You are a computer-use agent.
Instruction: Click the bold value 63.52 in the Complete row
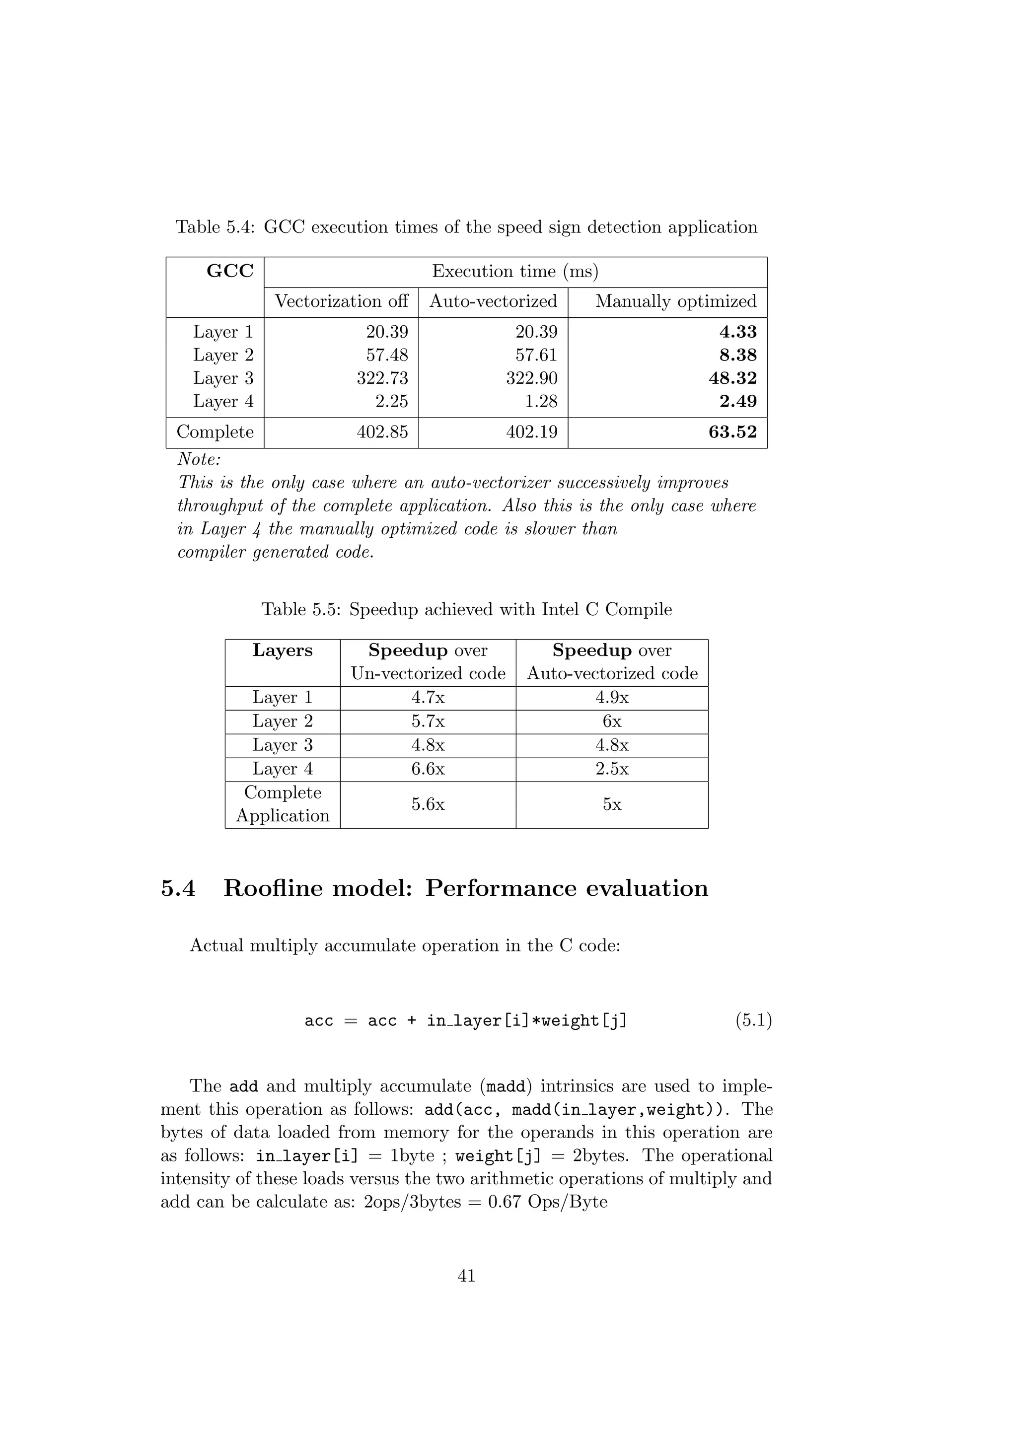pos(732,432)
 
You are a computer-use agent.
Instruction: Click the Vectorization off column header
pos(341,301)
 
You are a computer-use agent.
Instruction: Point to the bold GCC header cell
pos(230,271)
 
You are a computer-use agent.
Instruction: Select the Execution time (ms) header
pos(515,271)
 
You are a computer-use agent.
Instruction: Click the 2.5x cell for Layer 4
pos(612,769)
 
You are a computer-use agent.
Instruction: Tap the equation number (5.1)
pos(753,1021)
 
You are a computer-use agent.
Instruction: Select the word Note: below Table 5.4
pos(199,459)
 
